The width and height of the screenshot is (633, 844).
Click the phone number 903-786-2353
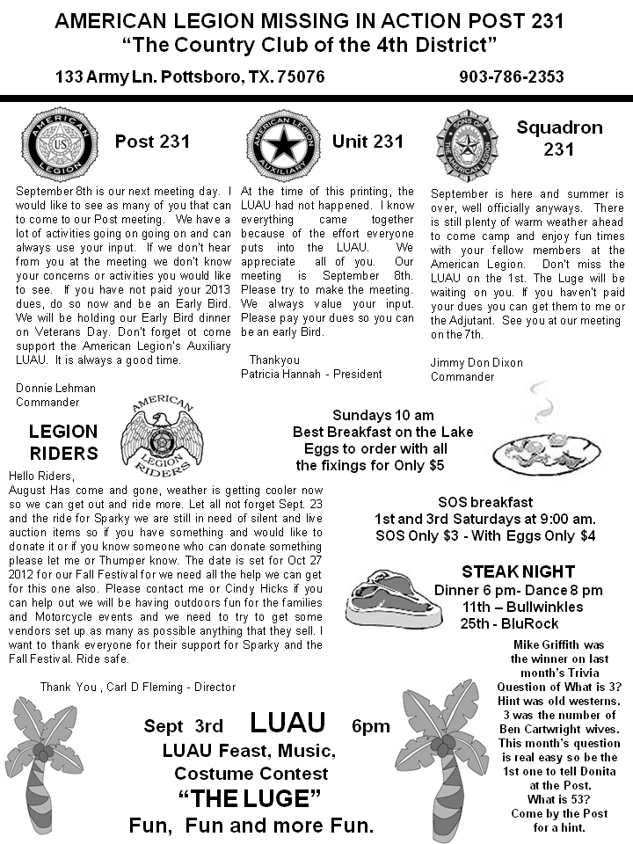511,76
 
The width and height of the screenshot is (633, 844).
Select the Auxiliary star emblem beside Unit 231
281,143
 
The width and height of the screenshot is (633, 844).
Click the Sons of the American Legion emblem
466,141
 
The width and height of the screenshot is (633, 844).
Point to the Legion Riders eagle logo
161,432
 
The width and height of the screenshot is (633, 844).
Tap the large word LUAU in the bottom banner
287,723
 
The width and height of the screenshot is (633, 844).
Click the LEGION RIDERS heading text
63,442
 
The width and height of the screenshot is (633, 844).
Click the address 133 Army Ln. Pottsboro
190,76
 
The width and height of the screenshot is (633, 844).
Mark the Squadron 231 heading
559,138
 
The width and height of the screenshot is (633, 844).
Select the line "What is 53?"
559,800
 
